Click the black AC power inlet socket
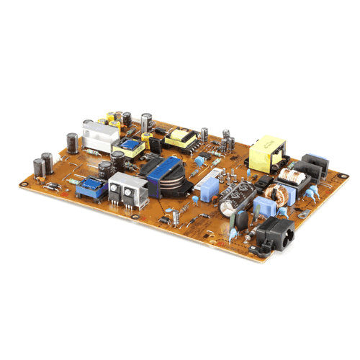[273, 234]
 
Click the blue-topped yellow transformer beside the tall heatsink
[130, 147]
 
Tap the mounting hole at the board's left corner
[24, 183]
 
